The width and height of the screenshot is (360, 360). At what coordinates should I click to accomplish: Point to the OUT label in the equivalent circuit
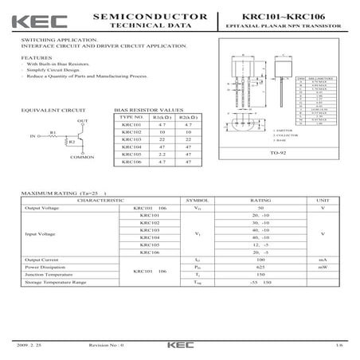pos(82,121)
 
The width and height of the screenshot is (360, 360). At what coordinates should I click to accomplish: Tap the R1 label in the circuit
pos(53,132)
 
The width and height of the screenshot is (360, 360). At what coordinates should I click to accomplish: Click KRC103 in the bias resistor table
pos(130,140)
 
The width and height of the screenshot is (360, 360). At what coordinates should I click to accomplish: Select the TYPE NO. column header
pos(130,117)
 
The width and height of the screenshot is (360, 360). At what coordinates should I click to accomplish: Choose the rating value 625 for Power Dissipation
pos(260,267)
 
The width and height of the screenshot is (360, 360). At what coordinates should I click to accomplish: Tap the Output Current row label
pos(44,260)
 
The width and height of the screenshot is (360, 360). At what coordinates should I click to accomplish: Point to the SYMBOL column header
pos(195,200)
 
